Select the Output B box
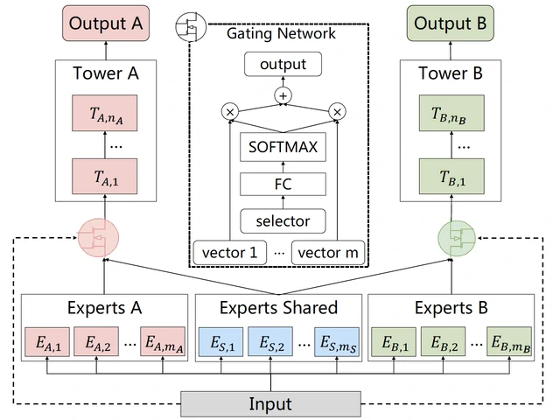(x=450, y=24)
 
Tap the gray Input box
(x=270, y=403)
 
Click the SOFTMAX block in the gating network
(x=283, y=148)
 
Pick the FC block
(x=283, y=184)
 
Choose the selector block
(x=283, y=220)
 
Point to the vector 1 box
(x=229, y=252)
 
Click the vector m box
(x=326, y=252)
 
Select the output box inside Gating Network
(x=283, y=64)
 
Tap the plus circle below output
(x=283, y=95)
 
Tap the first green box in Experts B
(x=392, y=342)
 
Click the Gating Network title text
(x=280, y=33)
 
